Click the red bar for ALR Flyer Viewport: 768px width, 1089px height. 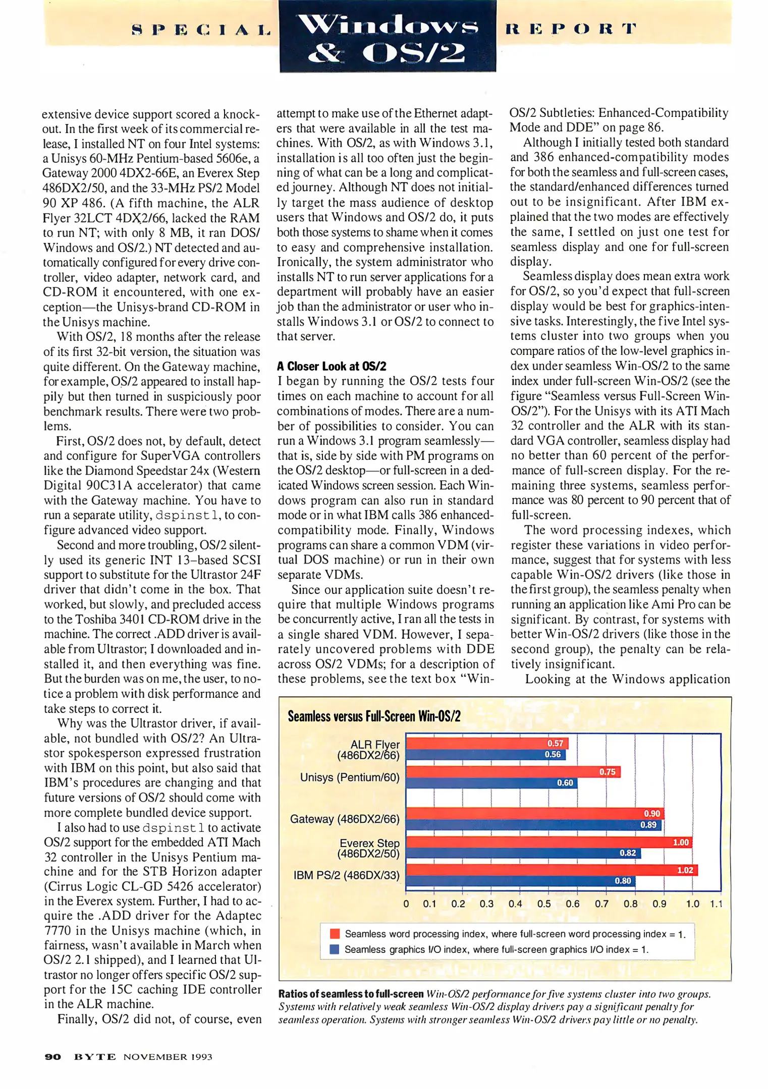pos(487,743)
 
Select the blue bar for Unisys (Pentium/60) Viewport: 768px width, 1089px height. pos(491,783)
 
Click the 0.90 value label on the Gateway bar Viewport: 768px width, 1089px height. pos(651,813)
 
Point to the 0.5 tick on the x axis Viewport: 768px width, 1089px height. pos(544,904)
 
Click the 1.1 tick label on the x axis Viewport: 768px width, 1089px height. pos(716,904)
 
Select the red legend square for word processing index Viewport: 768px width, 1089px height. pos(334,934)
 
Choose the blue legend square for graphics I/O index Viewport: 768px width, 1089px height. pos(334,949)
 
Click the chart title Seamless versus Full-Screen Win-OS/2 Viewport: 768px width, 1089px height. pos(374,716)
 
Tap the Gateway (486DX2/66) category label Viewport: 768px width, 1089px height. pos(345,819)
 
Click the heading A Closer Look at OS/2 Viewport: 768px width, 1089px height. pos(332,366)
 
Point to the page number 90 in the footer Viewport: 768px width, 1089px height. pos(53,1057)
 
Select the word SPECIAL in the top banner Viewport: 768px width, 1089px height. pos(201,30)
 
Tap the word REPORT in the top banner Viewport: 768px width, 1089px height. pos(571,29)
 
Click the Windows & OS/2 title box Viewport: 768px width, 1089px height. pos(388,36)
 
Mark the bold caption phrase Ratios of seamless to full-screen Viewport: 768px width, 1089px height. pos(351,994)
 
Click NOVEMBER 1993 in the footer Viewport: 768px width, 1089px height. pos(168,1057)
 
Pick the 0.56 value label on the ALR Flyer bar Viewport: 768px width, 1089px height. pos(553,754)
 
